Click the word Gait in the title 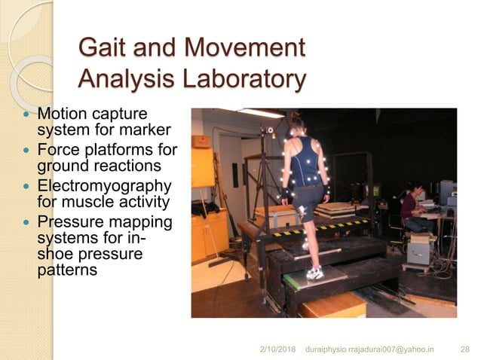click(x=102, y=50)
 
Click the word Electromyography click(x=105, y=186)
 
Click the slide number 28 click(x=464, y=349)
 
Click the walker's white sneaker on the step click(x=314, y=272)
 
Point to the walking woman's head click(x=297, y=123)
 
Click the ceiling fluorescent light click(x=259, y=113)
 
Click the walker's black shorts click(x=308, y=197)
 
